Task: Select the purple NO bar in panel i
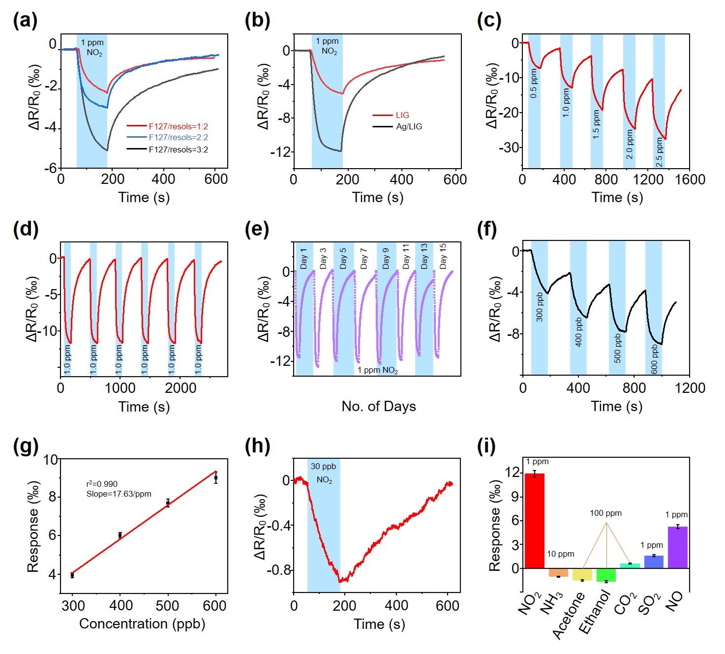tap(678, 547)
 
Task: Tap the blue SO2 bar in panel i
tap(654, 562)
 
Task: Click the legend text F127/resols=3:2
tap(178, 149)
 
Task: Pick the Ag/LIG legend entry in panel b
tap(409, 126)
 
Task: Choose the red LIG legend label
tap(402, 115)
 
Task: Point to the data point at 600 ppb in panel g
tap(216, 477)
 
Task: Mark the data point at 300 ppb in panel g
tap(72, 575)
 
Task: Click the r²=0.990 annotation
tap(102, 484)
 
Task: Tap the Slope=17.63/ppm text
tap(119, 494)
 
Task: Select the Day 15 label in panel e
tap(443, 256)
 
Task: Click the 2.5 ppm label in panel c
tap(659, 152)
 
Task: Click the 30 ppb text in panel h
tap(323, 466)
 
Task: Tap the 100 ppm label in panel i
tap(605, 513)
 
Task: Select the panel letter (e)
tap(257, 229)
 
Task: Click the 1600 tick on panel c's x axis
tap(690, 179)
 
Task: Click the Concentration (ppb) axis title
tap(142, 624)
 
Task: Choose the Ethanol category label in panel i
tap(594, 613)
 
